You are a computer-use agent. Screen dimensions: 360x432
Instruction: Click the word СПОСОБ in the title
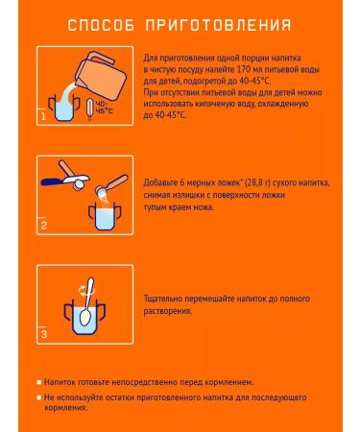click(101, 25)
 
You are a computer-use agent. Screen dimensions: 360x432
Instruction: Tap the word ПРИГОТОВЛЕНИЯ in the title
click(218, 25)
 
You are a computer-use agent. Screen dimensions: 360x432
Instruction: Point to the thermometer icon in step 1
click(90, 109)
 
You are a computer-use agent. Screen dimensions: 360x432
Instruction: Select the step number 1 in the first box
click(43, 116)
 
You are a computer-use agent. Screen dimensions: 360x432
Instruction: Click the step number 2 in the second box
click(43, 226)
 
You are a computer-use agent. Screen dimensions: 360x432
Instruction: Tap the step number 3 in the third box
click(44, 334)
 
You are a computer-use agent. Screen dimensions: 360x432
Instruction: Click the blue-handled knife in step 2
click(65, 180)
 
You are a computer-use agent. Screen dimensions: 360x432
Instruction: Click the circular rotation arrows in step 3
click(84, 290)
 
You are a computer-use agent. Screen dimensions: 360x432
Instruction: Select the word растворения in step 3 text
click(168, 311)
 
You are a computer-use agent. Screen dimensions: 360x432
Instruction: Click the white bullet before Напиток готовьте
click(39, 382)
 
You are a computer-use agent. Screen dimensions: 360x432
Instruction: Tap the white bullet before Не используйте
click(39, 397)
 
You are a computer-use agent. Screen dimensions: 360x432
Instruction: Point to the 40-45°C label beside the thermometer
click(105, 108)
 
